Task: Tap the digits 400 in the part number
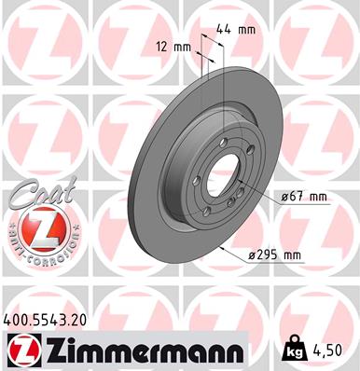pyautogui.click(x=17, y=320)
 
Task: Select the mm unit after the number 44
pyautogui.click(x=246, y=31)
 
